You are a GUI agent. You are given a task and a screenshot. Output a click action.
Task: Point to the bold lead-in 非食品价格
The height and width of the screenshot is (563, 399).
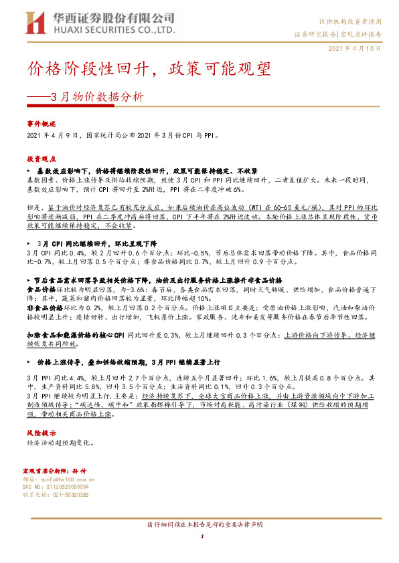(42, 307)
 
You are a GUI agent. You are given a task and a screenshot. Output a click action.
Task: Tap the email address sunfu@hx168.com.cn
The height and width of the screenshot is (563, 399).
(64, 479)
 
